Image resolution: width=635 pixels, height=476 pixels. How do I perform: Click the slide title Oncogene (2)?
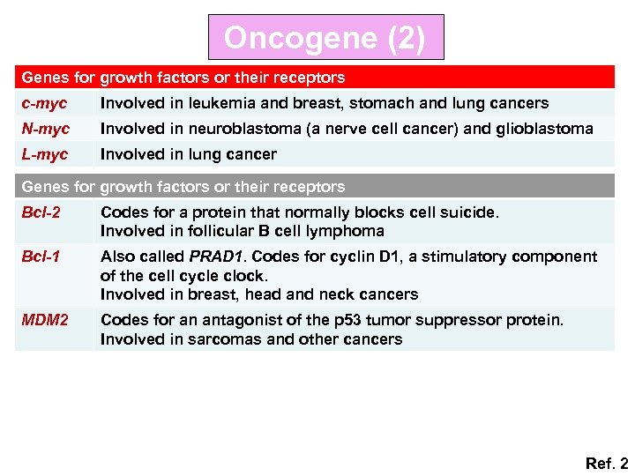[325, 38]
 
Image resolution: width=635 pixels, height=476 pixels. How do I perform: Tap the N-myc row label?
[45, 129]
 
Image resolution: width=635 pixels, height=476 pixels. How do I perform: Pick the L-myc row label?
[44, 154]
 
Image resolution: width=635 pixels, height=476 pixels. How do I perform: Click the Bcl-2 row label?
[41, 212]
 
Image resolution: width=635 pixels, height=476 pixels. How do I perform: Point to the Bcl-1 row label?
[41, 257]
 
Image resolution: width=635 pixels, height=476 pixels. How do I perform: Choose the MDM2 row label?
[44, 320]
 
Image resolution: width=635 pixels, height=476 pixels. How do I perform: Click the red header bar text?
[183, 78]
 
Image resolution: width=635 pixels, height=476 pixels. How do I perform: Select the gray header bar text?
[183, 187]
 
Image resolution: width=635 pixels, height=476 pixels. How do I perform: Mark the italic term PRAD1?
[213, 257]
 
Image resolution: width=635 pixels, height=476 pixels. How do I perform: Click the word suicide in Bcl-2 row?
[470, 212]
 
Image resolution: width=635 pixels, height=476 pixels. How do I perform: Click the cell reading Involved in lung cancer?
[188, 154]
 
